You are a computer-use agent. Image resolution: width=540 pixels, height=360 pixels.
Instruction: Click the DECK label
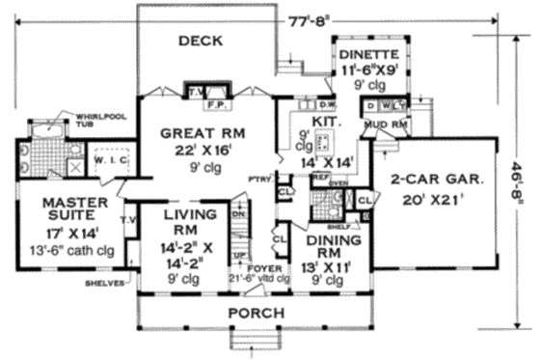pyautogui.click(x=201, y=41)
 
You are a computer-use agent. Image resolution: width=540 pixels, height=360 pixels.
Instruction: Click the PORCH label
pyautogui.click(x=256, y=314)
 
